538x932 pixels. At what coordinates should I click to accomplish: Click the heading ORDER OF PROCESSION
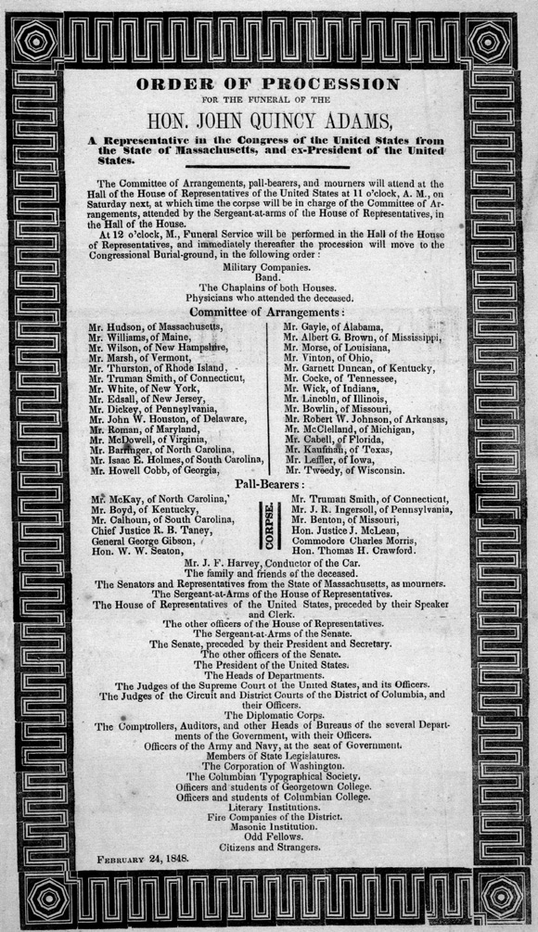coord(268,84)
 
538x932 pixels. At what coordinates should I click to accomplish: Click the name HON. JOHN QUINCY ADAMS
coord(269,118)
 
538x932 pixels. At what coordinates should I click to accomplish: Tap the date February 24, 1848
coord(144,859)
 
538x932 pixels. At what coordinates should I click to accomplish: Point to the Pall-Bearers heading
coord(269,484)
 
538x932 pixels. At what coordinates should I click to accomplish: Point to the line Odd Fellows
coord(269,833)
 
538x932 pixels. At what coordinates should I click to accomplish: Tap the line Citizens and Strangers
coord(269,846)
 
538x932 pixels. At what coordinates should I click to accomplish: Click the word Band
coord(269,275)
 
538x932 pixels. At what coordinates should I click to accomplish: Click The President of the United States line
coord(269,665)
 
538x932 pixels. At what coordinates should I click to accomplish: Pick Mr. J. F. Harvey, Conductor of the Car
coord(269,564)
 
